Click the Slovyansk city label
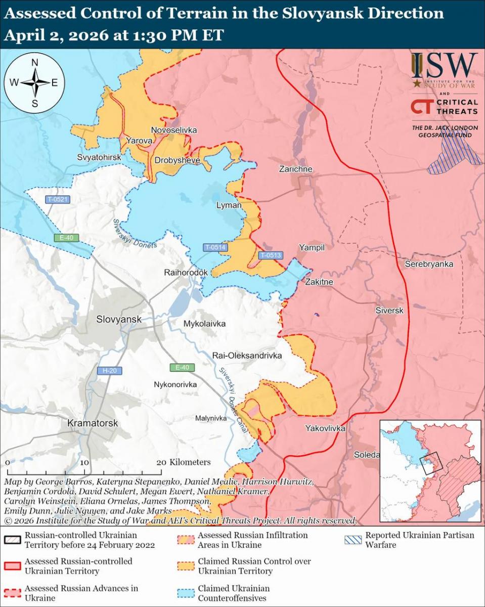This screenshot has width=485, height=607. (119, 320)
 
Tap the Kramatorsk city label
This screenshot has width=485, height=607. (92, 423)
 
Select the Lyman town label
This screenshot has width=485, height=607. (229, 205)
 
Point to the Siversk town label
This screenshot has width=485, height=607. (389, 311)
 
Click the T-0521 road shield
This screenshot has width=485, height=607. (57, 199)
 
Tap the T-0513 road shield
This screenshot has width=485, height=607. (271, 255)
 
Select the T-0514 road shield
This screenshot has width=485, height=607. (215, 247)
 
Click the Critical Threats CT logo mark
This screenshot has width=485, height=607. (420, 107)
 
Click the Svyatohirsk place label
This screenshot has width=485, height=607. (99, 157)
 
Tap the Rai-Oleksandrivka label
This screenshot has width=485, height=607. (247, 356)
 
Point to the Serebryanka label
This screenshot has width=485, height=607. (429, 264)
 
